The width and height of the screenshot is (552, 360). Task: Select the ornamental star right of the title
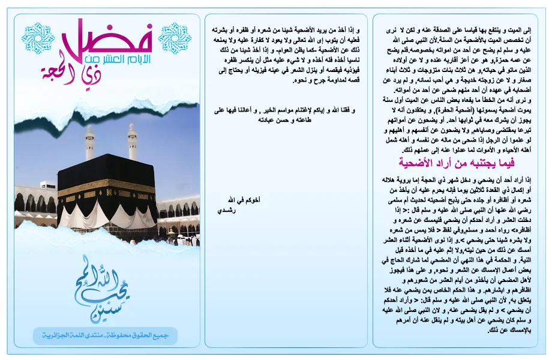(x=174, y=38)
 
